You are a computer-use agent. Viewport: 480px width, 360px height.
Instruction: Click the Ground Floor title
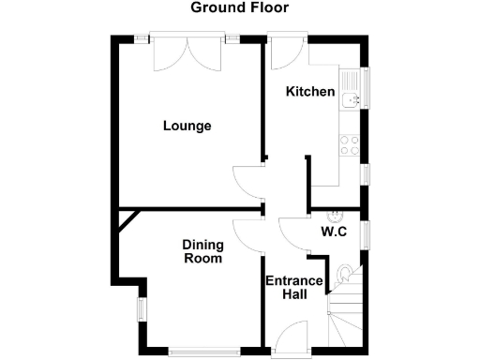pos(240,8)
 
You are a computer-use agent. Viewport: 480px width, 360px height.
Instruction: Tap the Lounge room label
pos(187,126)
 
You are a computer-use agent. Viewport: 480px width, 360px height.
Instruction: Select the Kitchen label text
pos(310,92)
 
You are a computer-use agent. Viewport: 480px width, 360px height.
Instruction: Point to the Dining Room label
pos(202,251)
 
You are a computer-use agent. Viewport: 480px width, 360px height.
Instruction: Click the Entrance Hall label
pos(293,287)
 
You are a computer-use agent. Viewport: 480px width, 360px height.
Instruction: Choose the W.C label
pos(335,232)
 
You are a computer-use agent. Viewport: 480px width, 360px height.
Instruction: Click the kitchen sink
pos(351,97)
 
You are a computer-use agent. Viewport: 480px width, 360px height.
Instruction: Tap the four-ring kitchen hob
pos(350,144)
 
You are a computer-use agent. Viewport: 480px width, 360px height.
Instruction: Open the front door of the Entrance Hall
pos(292,337)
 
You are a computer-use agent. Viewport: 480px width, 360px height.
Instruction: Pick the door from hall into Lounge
pos(248,181)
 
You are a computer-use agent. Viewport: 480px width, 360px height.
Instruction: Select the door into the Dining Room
pos(249,234)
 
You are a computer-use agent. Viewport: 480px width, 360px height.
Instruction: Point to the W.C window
pos(365,233)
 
